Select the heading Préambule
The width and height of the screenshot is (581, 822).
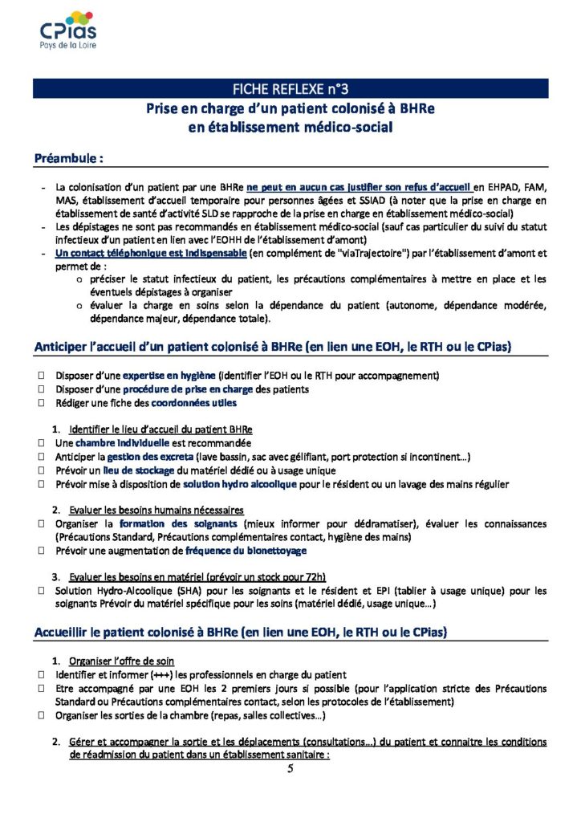(x=68, y=158)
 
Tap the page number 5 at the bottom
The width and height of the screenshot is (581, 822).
(x=290, y=769)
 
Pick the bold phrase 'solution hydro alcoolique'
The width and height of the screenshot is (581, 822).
(x=239, y=484)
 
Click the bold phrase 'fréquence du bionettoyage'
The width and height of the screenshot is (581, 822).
(x=246, y=551)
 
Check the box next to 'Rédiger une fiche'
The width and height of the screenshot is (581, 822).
(x=40, y=404)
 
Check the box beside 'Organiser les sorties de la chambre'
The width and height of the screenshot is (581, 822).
(x=40, y=716)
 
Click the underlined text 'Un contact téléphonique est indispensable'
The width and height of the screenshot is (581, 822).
(x=152, y=254)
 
